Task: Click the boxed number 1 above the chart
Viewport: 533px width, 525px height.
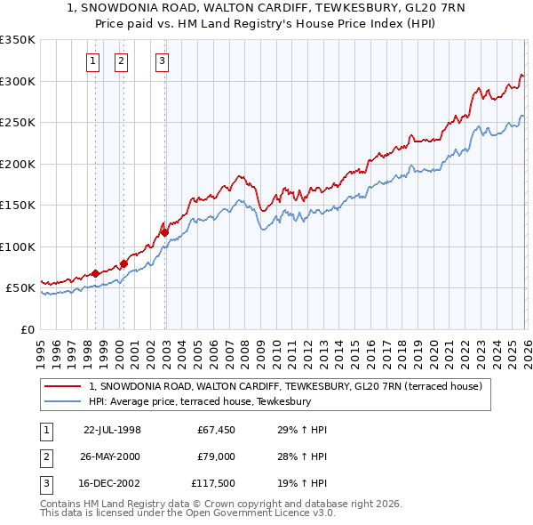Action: pos(93,61)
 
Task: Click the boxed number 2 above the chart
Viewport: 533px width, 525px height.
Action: pos(120,61)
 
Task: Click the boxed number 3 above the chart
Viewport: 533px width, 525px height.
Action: pos(163,61)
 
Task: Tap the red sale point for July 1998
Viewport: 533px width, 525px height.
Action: pos(95,274)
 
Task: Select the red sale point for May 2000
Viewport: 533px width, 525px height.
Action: pos(123,263)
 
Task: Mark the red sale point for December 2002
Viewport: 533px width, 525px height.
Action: pos(164,232)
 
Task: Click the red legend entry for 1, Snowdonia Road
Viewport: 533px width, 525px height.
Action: pos(284,386)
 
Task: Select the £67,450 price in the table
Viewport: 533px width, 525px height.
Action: pos(215,430)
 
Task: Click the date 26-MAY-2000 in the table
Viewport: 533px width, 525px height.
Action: pos(111,456)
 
